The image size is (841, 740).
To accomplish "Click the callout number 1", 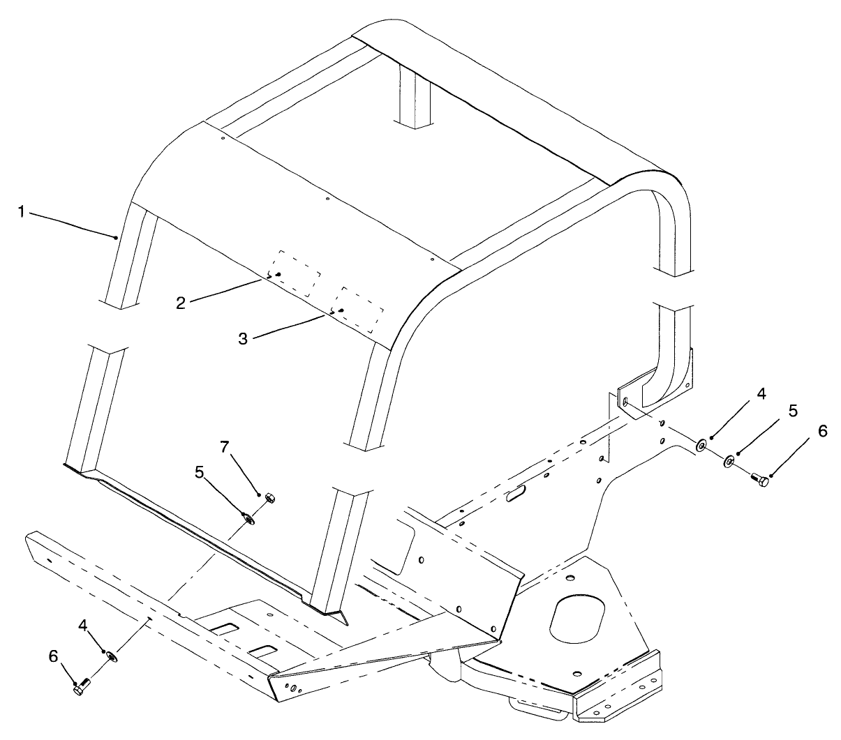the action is (x=21, y=212).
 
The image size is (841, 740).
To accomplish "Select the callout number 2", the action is (x=181, y=303).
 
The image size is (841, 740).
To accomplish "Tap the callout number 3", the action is (x=243, y=339).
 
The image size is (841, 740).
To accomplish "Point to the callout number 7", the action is (x=225, y=447).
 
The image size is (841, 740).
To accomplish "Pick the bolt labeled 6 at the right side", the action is (x=759, y=480).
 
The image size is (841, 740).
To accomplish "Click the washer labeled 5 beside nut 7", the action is (x=249, y=518).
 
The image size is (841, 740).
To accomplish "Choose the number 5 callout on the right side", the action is (x=793, y=411).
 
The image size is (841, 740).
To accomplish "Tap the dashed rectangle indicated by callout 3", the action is (x=359, y=310).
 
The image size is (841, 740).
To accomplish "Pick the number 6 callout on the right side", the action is (x=822, y=431).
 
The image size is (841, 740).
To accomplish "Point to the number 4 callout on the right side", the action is (x=761, y=393).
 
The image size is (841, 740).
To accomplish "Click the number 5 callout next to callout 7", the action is (x=200, y=471).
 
